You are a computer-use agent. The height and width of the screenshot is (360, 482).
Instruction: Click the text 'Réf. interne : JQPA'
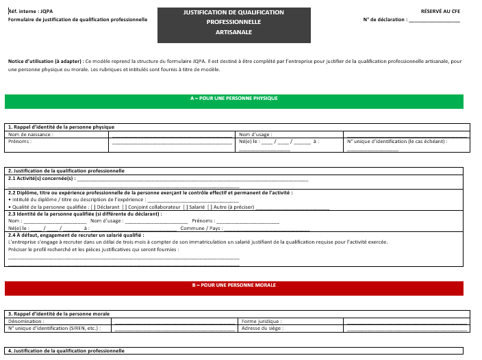30,12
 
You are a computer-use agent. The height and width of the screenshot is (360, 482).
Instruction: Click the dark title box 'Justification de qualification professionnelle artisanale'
233,23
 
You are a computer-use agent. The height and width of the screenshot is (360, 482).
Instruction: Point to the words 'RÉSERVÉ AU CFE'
440,12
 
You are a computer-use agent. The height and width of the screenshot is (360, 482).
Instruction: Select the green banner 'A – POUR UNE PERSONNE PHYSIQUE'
233,101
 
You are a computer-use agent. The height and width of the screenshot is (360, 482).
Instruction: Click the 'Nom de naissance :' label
31,134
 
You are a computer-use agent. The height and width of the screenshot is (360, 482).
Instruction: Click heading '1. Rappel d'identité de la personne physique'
61,127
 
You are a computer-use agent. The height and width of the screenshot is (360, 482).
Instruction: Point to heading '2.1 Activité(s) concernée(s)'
40,178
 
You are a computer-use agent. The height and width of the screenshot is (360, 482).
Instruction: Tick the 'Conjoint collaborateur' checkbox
124,207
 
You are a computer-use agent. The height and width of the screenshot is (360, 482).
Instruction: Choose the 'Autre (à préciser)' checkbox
210,207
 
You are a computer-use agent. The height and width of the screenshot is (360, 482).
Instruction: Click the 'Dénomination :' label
26,321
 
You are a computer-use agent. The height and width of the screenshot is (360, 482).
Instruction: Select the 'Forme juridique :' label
262,321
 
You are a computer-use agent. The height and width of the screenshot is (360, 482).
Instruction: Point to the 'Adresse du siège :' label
263,328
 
